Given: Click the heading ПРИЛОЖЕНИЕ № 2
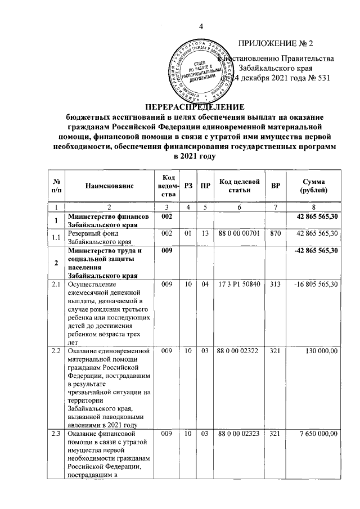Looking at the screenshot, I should coord(276,43).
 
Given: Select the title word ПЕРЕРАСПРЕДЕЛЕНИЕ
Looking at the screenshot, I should coord(194,107).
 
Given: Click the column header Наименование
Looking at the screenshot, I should coord(110,186).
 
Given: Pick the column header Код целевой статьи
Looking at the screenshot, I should coord(238,186).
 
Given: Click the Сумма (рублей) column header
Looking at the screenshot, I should coord(313,186).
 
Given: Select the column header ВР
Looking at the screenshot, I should coord(276,186).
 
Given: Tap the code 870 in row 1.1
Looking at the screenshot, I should coord(276,233).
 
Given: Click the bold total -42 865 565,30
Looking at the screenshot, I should coord(313,250).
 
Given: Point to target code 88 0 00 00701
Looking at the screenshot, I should coord(238,233).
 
